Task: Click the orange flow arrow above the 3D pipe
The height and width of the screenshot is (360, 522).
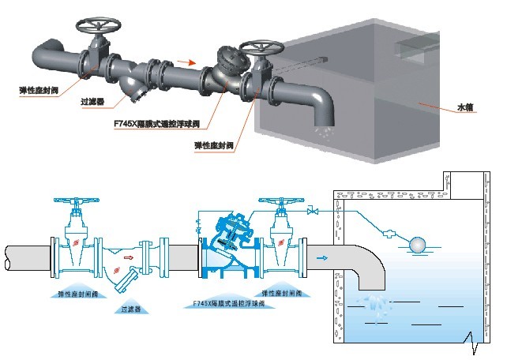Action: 183,59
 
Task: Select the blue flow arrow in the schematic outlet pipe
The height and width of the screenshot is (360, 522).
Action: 321,257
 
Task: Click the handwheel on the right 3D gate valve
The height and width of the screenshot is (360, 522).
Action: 257,46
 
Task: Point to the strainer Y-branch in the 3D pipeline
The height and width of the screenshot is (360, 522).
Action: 137,90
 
